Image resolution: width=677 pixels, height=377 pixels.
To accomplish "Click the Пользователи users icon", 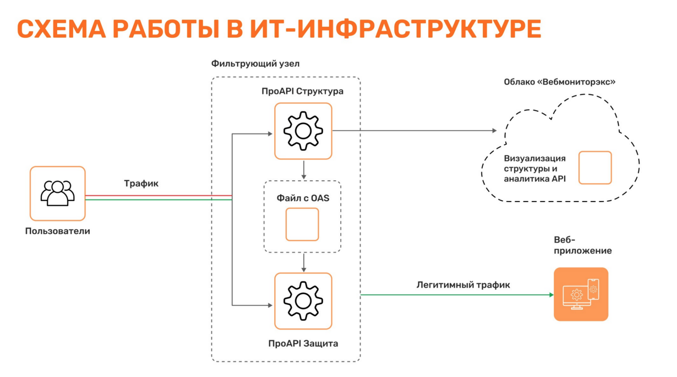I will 57,193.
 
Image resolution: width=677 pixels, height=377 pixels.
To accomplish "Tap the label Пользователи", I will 57,231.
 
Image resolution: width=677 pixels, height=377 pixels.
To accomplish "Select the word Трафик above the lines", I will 141,183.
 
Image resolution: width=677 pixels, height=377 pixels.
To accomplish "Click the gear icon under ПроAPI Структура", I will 303,131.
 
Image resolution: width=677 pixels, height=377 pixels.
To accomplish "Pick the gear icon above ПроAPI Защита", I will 303,301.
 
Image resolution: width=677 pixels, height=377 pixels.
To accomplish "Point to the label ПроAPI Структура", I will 302,91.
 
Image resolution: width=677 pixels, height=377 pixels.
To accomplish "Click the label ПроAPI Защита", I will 303,344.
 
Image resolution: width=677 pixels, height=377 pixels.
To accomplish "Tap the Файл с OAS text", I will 303,198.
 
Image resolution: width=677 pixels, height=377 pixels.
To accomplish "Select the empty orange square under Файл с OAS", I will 302,224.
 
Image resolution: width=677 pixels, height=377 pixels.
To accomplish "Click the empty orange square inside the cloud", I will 595,168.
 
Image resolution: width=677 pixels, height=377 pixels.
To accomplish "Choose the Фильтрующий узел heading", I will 255,64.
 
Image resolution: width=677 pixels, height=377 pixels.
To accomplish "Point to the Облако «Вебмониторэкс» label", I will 560,82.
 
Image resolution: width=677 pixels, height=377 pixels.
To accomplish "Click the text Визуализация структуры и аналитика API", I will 535,168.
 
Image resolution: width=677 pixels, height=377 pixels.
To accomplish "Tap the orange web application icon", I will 581,294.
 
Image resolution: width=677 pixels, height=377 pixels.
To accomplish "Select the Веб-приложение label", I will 582,245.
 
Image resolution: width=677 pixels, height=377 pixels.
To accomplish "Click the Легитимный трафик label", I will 463,285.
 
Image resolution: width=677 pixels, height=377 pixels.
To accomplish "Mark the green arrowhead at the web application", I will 551,295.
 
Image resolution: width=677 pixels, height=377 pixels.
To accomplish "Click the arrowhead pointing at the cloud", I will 494,130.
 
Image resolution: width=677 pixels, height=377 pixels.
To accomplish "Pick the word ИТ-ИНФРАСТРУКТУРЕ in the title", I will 396,29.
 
